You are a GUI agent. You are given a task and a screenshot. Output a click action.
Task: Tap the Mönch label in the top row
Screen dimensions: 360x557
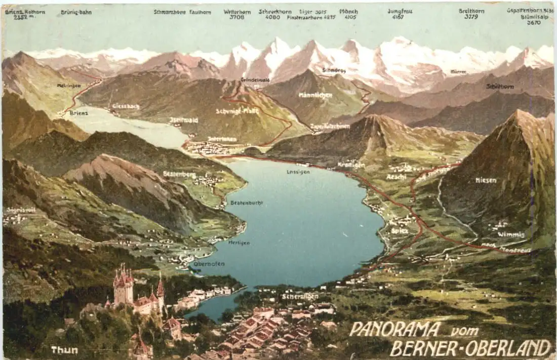[348, 14]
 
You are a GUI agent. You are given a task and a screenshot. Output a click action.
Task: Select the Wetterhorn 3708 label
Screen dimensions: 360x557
[237, 14]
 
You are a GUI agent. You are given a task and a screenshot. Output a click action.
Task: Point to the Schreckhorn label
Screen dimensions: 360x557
[275, 14]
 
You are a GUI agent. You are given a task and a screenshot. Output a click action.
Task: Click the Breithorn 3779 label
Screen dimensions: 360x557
[471, 14]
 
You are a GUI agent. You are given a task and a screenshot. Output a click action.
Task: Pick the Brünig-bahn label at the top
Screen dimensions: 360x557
[76, 12]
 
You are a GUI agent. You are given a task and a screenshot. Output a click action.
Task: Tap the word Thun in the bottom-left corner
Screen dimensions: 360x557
[64, 350]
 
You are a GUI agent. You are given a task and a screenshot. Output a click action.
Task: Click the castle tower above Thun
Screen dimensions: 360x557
[124, 289]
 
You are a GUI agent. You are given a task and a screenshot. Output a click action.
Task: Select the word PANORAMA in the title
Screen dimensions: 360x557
[395, 329]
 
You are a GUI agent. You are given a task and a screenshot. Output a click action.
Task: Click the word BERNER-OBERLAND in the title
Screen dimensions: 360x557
[470, 348]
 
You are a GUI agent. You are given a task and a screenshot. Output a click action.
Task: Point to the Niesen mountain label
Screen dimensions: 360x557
[486, 180]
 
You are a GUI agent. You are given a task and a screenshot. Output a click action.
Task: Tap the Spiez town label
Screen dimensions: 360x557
[400, 231]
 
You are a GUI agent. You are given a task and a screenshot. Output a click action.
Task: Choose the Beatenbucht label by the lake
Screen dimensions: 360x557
[247, 203]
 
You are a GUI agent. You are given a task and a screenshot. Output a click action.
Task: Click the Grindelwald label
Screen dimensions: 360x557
[255, 80]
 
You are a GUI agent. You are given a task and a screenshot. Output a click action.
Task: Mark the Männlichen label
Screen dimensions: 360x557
[315, 95]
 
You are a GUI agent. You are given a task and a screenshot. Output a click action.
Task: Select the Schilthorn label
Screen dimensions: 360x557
[500, 87]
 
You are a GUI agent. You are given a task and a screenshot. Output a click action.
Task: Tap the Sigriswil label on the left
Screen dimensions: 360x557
[21, 210]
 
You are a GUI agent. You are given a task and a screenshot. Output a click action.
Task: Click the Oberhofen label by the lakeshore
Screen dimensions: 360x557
[209, 264]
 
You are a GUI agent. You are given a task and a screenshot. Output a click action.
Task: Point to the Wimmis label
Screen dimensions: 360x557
[510, 234]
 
